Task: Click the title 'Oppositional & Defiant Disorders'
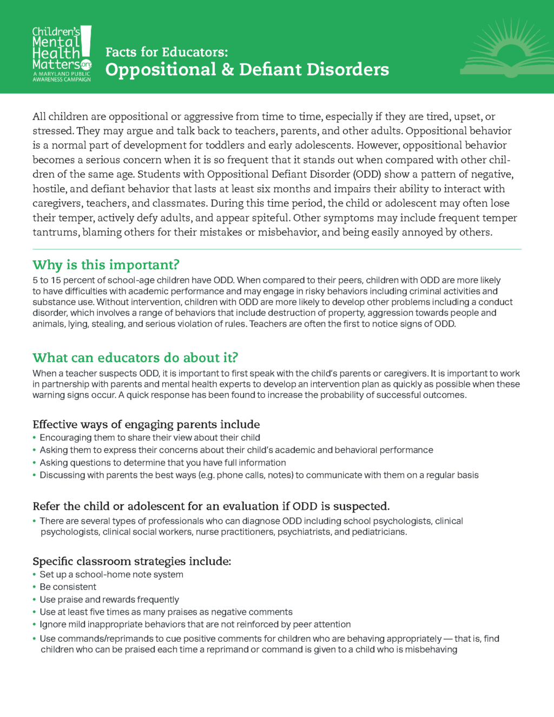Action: (247, 70)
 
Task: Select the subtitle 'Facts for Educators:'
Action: (167, 52)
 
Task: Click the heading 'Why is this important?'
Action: (105, 265)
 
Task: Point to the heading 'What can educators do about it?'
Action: (135, 358)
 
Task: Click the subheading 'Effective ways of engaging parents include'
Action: (146, 424)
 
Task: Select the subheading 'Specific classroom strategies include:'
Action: (131, 561)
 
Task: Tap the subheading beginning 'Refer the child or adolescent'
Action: (211, 506)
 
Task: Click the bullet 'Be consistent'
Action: (68, 587)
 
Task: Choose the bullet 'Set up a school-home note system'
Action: (111, 574)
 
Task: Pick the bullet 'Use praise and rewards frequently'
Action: (109, 600)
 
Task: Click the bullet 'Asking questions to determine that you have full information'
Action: (162, 463)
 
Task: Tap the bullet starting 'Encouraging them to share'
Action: (149, 437)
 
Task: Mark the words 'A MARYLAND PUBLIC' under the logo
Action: (61, 74)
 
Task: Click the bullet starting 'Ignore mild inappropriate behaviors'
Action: (195, 624)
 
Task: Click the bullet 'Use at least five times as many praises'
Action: (166, 612)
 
